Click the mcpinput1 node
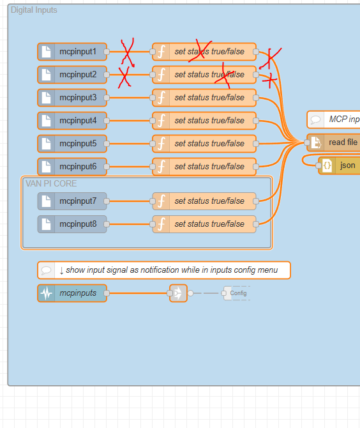coord(72,52)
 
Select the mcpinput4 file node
coord(72,121)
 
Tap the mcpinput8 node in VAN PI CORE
coord(72,224)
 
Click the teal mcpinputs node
coord(72,293)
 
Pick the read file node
coord(333,142)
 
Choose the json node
coord(340,165)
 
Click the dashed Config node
coord(236,293)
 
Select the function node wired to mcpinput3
coord(204,98)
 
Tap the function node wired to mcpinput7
coord(204,201)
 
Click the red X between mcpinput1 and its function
coord(128,52)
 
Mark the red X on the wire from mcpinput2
coord(124,77)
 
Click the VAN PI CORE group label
coord(51,183)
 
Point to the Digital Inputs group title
coord(34,10)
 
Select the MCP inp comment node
coord(333,119)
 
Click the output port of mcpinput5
coord(107,144)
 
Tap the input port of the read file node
coord(307,142)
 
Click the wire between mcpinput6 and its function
coord(130,167)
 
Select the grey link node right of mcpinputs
coord(178,293)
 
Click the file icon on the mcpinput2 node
coord(47,75)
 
